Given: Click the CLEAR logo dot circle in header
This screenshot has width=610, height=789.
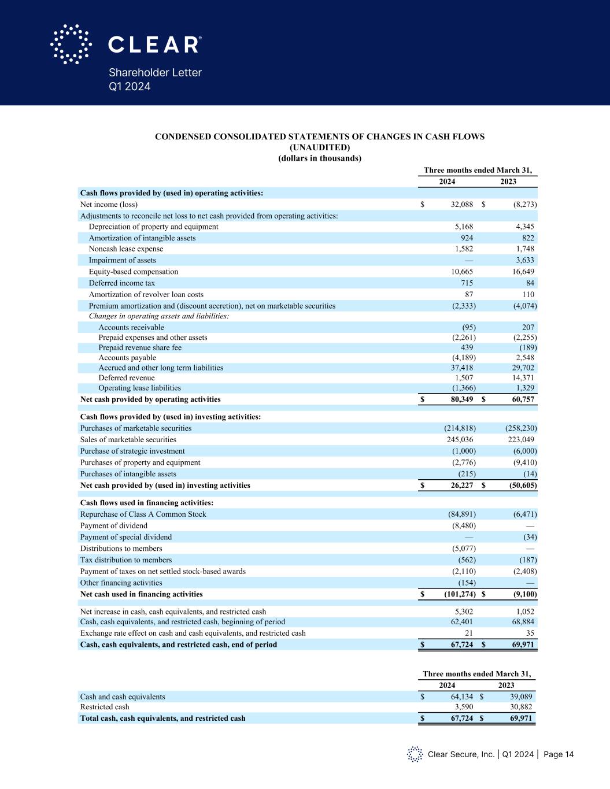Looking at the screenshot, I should pos(71,44).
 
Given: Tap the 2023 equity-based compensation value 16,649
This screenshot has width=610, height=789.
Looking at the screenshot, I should pos(522,272).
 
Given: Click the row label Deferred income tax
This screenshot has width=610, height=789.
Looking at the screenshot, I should pos(121,283).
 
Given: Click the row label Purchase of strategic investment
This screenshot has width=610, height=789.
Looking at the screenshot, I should pos(132,451).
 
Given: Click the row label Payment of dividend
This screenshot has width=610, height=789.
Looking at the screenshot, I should pos(113,526).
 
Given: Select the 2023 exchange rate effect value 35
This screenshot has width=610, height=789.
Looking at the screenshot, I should pos(528,634).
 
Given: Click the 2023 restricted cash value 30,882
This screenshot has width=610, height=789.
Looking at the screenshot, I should pos(519,707).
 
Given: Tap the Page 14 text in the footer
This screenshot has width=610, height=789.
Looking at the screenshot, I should pos(559,754).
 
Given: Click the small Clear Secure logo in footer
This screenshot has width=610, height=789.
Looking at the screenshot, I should pos(414,754).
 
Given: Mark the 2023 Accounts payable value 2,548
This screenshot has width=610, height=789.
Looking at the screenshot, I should pos(523,358).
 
